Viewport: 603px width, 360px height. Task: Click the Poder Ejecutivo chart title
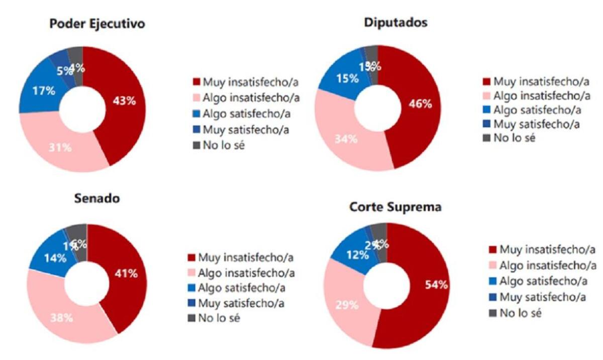[x=97, y=25]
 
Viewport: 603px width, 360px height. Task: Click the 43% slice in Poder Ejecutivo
[x=124, y=101]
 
